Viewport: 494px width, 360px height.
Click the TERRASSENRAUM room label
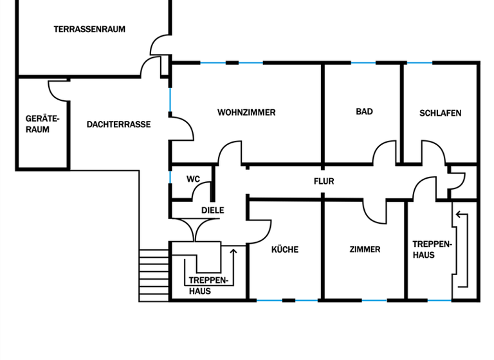[89, 29]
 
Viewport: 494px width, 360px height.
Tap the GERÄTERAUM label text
[37, 124]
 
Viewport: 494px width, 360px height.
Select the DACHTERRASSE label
[118, 124]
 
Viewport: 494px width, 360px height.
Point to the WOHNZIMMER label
[246, 113]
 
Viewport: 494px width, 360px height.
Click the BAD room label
[364, 112]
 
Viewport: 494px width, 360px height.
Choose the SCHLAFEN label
[440, 113]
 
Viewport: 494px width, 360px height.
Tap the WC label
[193, 179]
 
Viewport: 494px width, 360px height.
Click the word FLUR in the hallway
[324, 182]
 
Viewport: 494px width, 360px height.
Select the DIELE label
[212, 210]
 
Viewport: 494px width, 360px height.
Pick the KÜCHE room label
[284, 249]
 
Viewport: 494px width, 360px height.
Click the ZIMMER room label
[365, 249]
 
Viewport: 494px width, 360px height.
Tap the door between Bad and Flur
[385, 153]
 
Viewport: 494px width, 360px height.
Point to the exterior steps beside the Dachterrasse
[153, 274]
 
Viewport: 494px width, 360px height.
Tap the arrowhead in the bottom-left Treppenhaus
[233, 249]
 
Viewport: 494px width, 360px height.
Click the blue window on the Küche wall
[269, 300]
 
